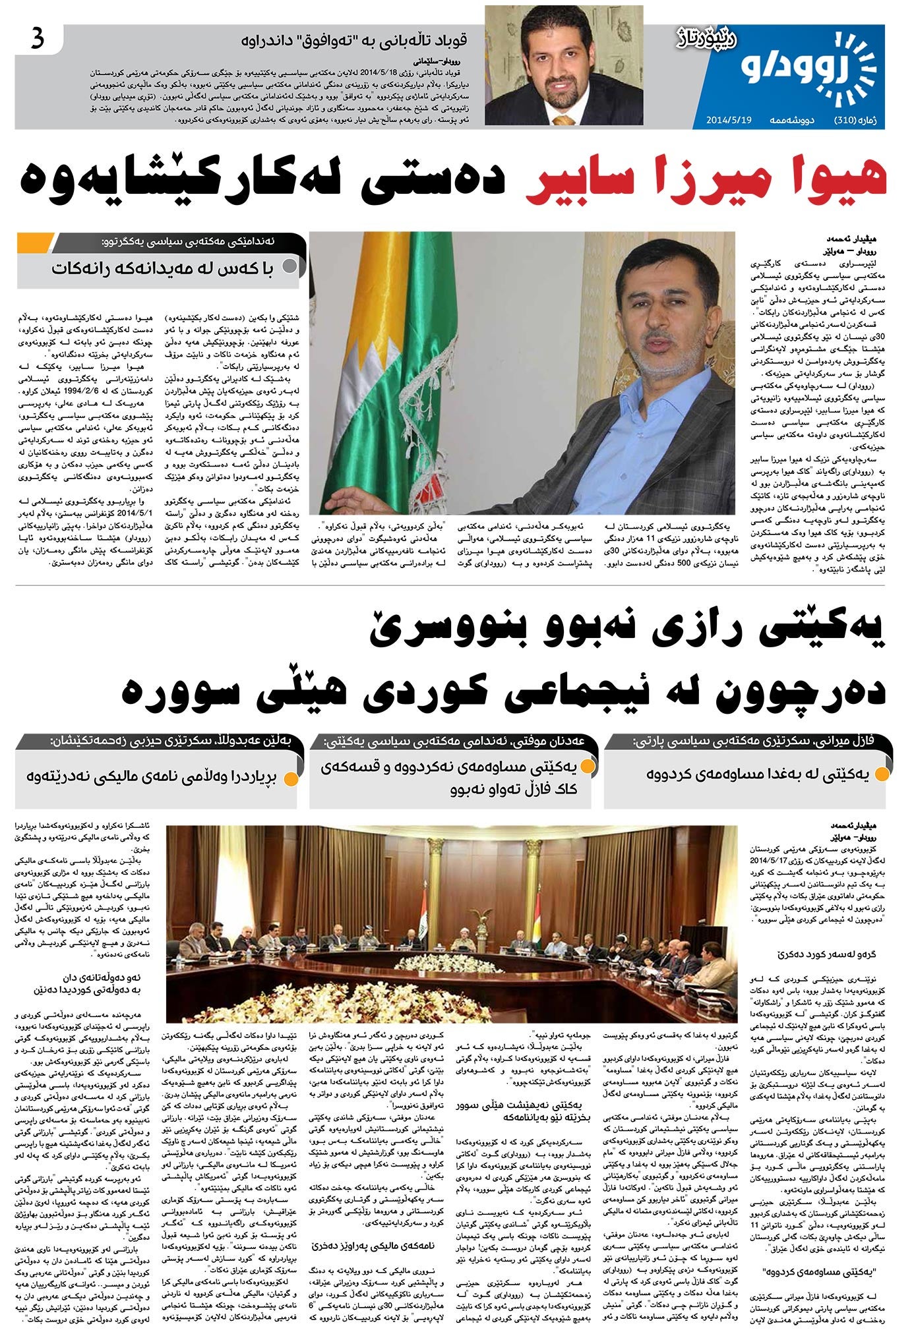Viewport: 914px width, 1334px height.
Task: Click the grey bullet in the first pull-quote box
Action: coord(289,268)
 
